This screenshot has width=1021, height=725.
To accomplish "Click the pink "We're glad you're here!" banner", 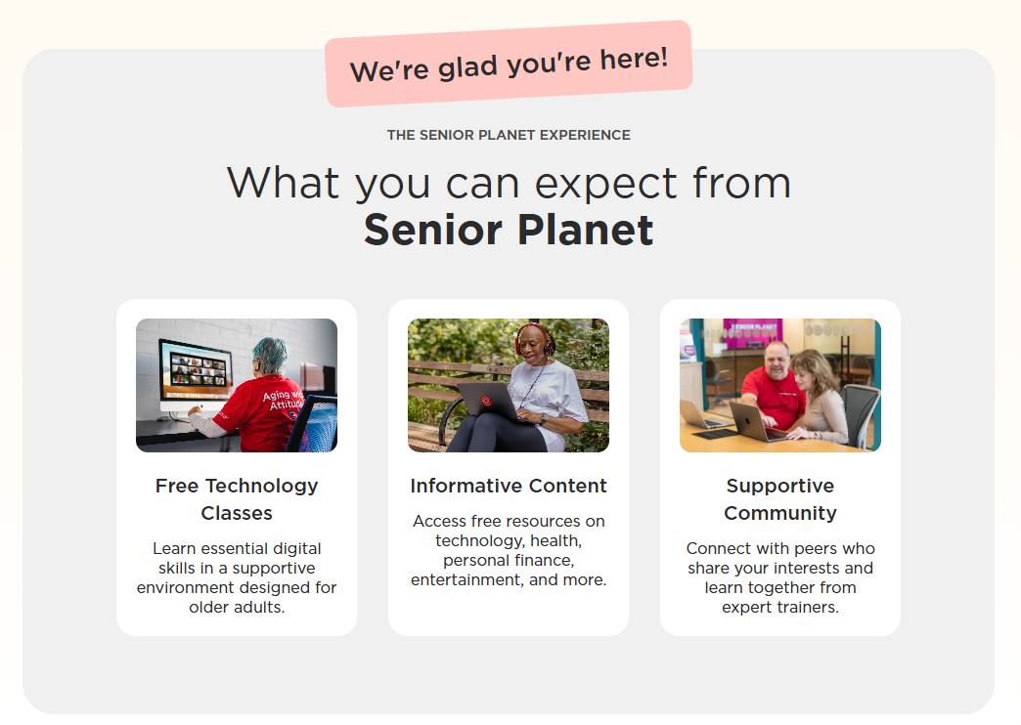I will coord(509,64).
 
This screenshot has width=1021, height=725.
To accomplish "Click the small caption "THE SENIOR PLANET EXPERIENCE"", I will coord(509,135).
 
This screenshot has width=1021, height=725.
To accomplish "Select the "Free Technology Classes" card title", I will coord(237,498).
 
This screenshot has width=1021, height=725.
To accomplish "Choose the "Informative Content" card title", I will coord(509,486).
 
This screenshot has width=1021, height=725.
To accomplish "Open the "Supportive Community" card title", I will coord(780,498).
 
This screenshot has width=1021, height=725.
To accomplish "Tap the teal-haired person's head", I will coord(271,354).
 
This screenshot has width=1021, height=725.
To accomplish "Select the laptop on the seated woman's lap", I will coord(486,400).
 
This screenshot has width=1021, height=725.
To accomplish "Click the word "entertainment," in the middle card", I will coord(464,579).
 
